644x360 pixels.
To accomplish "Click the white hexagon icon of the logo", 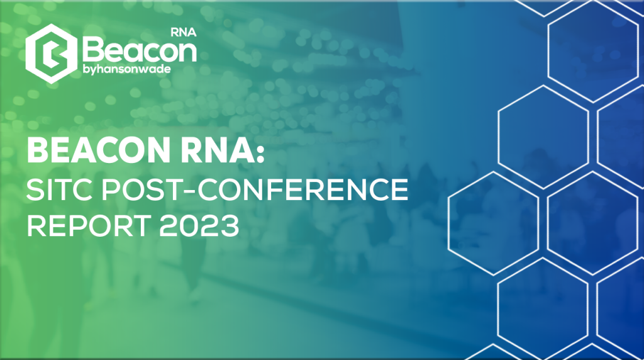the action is pos(51,53).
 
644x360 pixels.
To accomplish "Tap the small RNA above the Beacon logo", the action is pos(183,33).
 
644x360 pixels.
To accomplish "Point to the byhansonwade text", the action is pos(126,69).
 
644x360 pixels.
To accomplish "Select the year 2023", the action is pos(199,225).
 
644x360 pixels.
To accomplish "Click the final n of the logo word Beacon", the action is pos(186,53).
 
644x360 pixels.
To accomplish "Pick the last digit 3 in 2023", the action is pos(230,225).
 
